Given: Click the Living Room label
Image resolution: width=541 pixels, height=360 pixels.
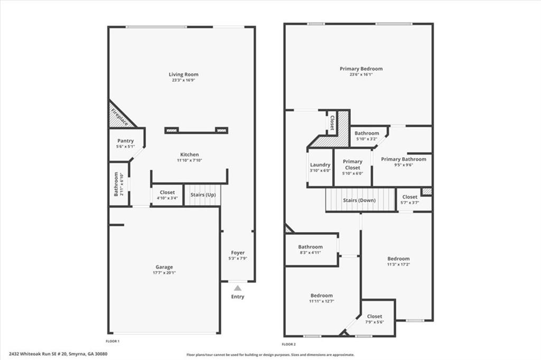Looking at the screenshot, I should click(x=184, y=74).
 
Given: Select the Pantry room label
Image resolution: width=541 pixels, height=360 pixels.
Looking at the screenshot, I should click(x=126, y=141).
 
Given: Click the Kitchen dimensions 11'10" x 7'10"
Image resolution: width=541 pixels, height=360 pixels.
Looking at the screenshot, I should click(x=188, y=160).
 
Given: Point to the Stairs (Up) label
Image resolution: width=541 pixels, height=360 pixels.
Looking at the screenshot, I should click(x=203, y=195).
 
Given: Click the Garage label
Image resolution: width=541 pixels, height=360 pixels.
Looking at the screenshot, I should click(x=164, y=267).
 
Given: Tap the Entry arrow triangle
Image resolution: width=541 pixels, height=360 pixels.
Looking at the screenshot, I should click(x=238, y=288).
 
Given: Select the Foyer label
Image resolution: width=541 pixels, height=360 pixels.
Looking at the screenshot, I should click(x=238, y=253).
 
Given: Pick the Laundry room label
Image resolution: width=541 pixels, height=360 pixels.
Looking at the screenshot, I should click(x=320, y=165).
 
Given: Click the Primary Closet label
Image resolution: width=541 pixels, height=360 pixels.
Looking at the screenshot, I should click(x=352, y=165).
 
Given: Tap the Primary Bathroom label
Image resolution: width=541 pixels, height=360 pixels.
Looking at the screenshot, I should click(x=404, y=159).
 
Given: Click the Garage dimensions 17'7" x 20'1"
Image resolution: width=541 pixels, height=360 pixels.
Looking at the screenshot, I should click(x=164, y=273).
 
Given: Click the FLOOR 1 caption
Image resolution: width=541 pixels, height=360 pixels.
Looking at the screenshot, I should click(x=113, y=342).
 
